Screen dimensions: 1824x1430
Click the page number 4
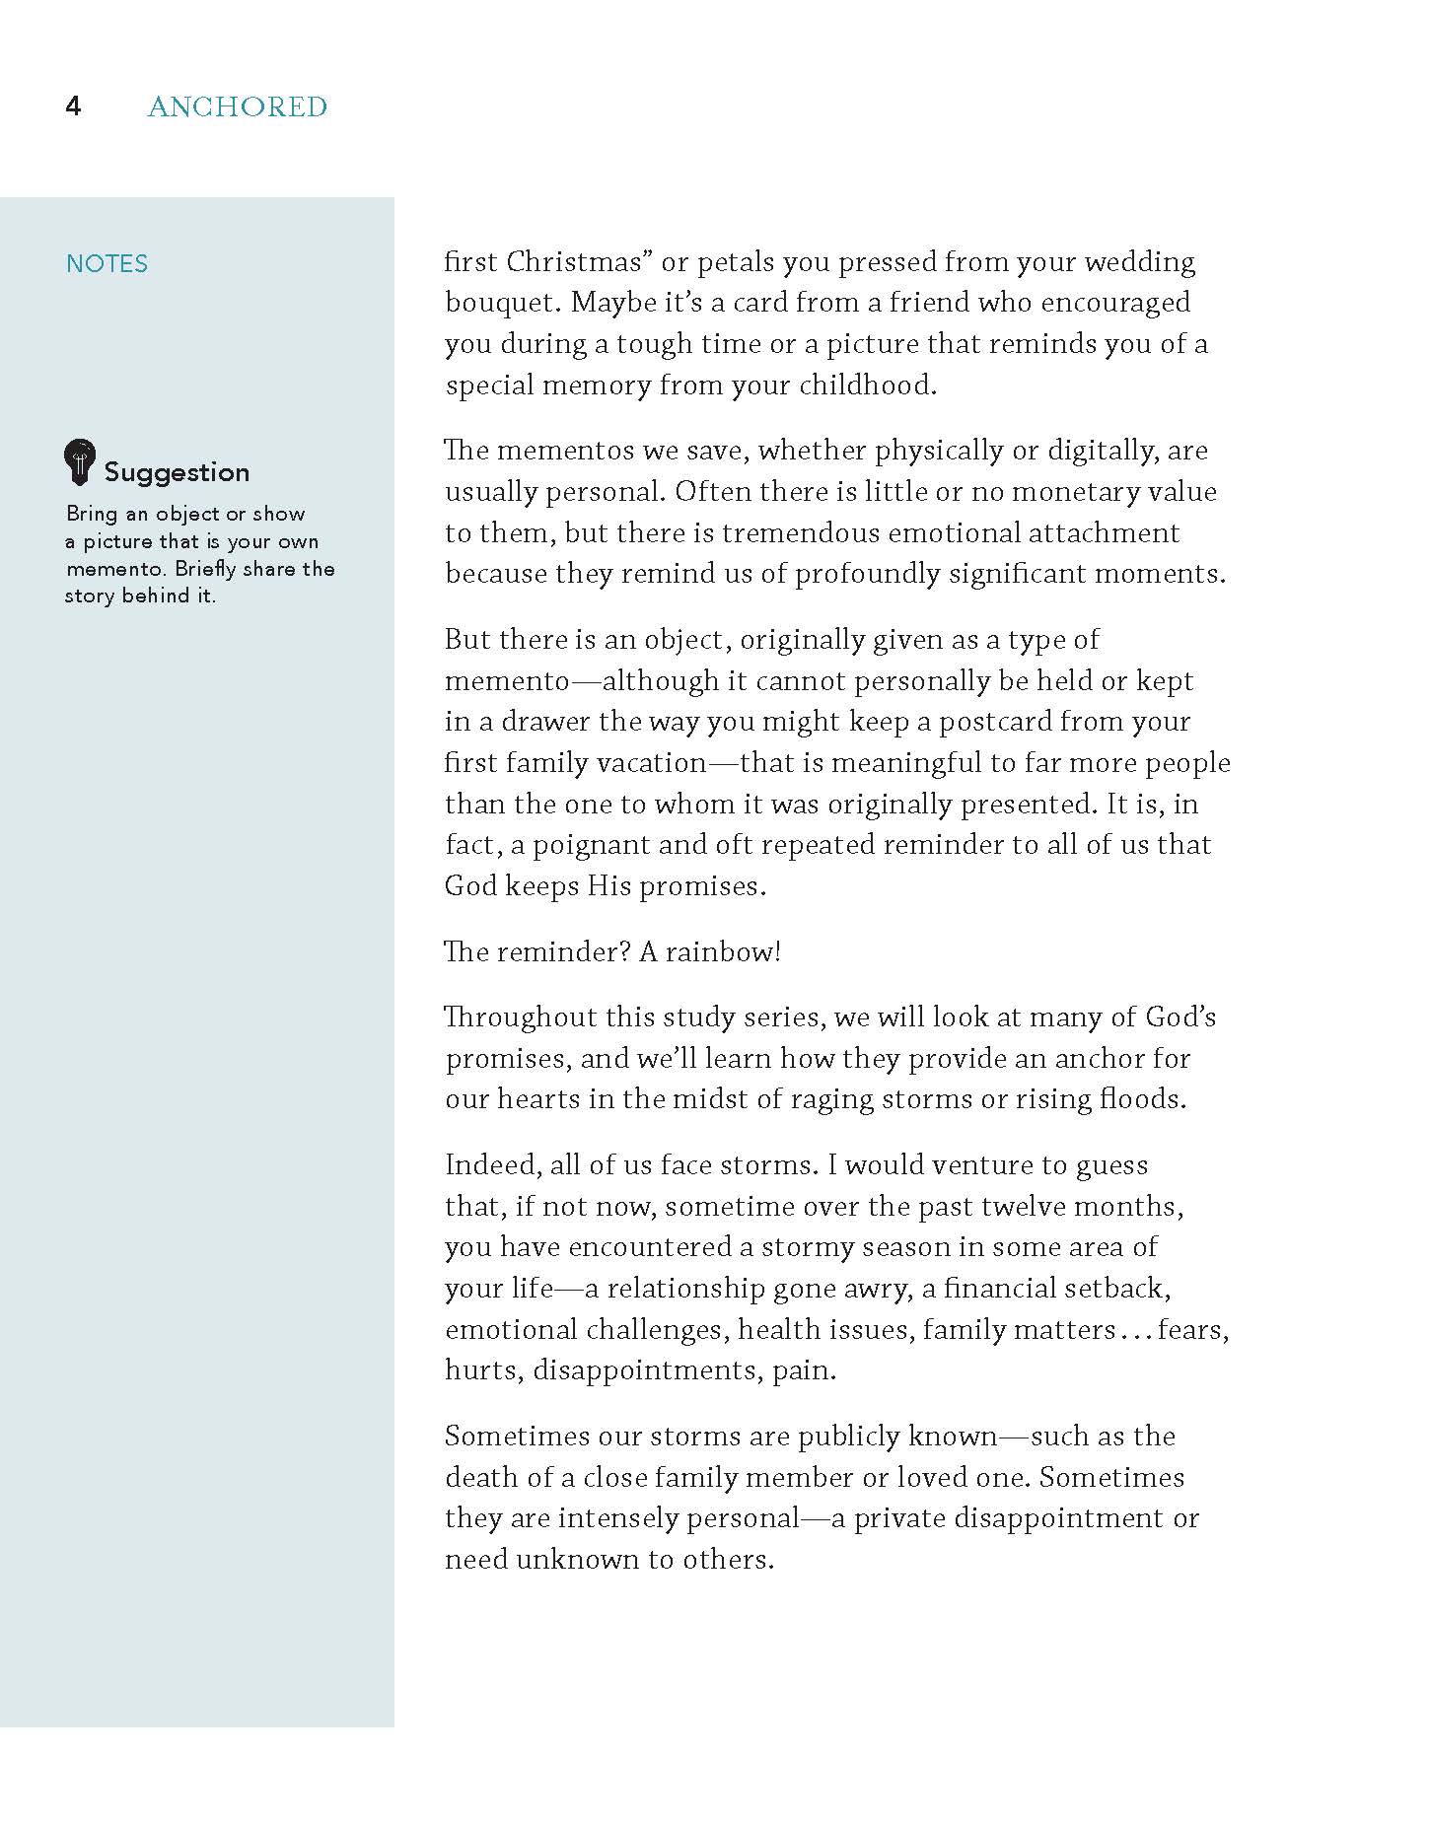click(x=73, y=106)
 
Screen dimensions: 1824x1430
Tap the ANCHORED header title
click(x=237, y=106)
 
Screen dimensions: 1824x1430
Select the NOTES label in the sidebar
click(x=107, y=263)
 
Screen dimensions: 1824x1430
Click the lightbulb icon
click(x=80, y=461)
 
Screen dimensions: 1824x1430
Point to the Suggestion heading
click(x=177, y=472)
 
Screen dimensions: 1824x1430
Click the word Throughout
click(x=519, y=1017)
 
